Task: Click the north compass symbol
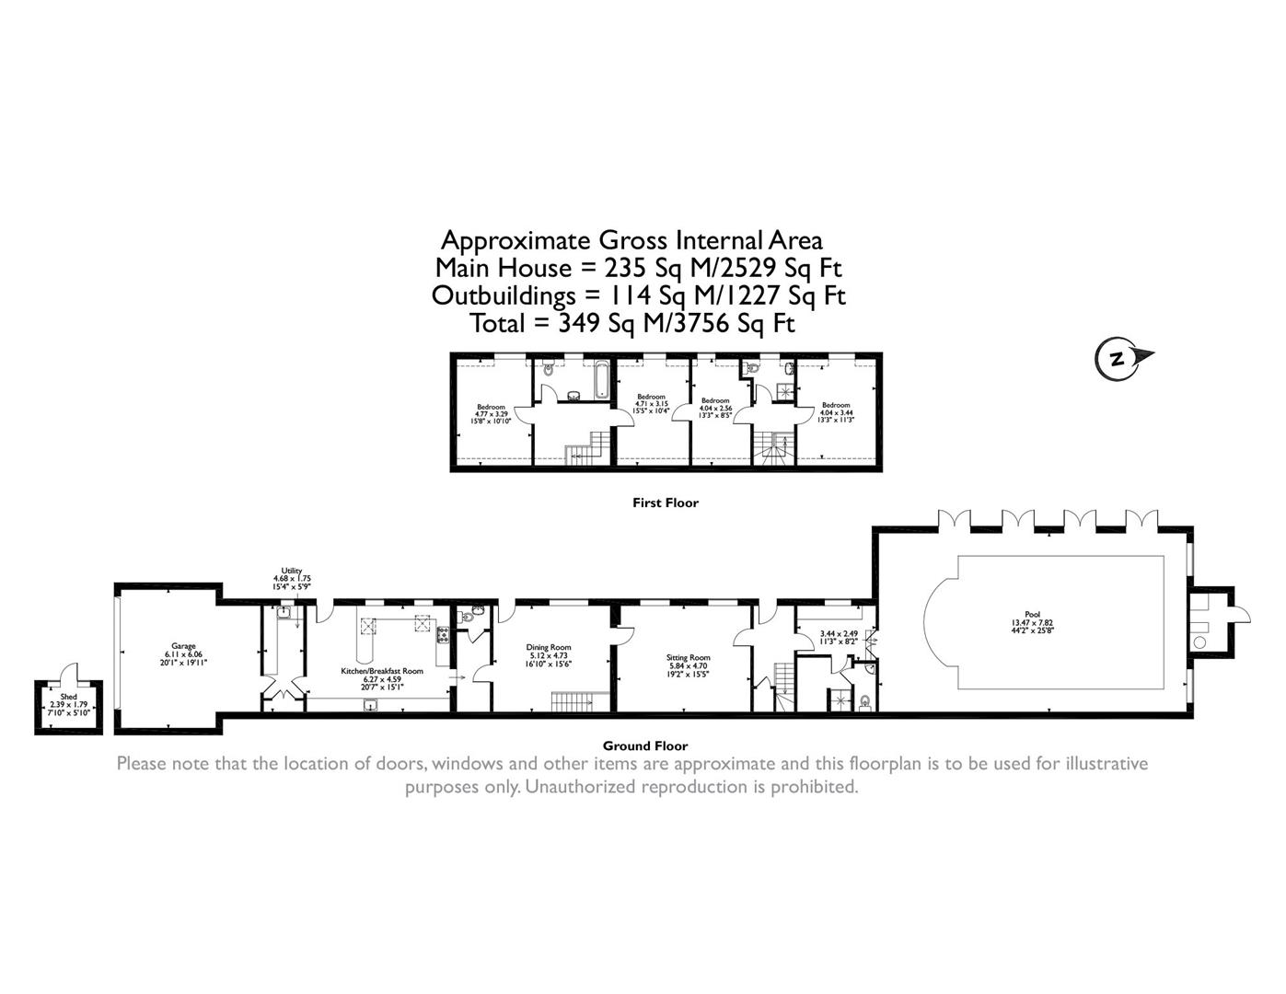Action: point(1119,359)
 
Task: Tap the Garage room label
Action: point(182,646)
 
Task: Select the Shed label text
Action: point(68,698)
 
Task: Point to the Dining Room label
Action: point(549,647)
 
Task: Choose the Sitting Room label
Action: point(689,658)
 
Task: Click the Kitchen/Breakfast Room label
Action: point(382,671)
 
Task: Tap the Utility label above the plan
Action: point(292,571)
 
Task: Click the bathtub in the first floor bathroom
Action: point(603,380)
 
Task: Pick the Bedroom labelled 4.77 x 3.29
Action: point(491,407)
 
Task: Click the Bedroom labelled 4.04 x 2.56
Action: point(715,400)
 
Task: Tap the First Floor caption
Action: point(665,503)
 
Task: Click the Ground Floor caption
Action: point(644,745)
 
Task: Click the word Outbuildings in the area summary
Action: point(503,295)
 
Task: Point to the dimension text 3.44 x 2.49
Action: point(839,633)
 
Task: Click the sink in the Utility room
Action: point(284,612)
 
